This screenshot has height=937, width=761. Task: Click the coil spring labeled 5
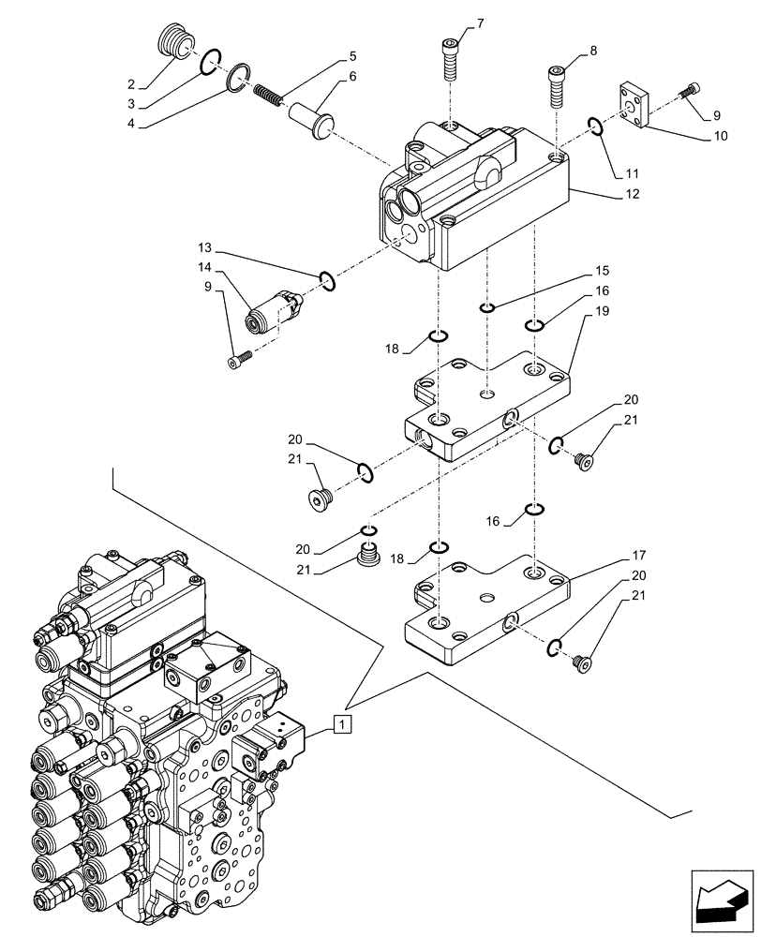point(269,94)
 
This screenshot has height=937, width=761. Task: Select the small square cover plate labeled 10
point(636,101)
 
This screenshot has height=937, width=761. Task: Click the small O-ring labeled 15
point(486,309)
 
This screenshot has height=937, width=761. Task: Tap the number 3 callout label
point(131,102)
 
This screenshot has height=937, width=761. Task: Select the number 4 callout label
point(131,123)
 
